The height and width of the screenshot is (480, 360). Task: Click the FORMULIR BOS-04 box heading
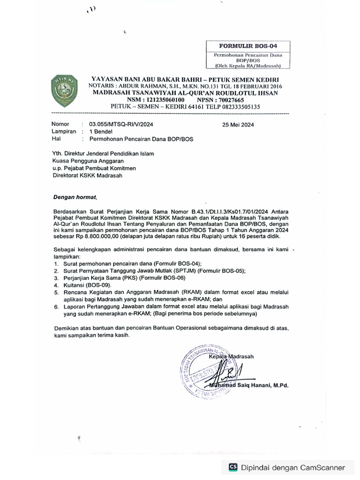[248, 46]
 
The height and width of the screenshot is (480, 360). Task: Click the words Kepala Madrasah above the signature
[231, 356]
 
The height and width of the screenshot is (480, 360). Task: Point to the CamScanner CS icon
[232, 467]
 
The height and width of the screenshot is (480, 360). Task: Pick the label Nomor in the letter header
[60, 125]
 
